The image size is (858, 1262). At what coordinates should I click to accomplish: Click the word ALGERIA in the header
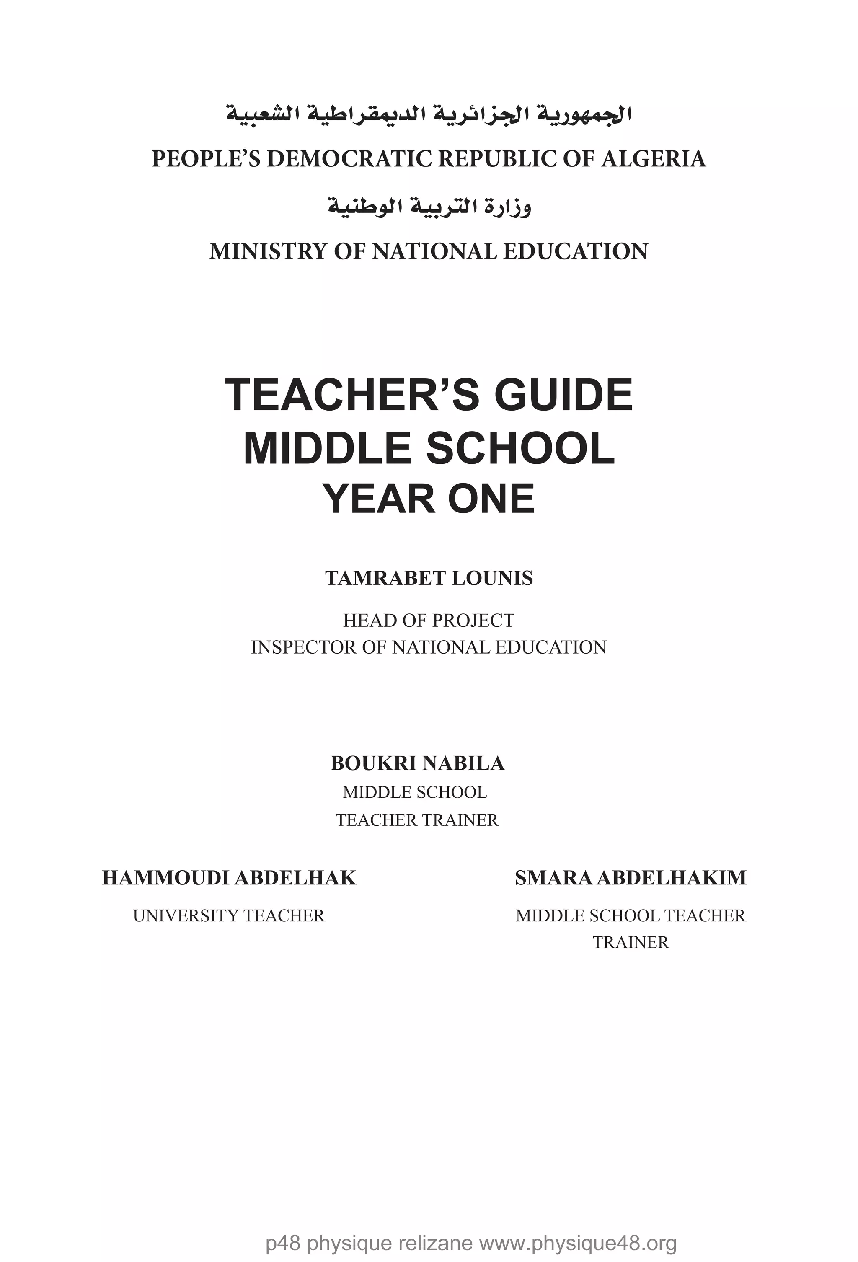coord(653,158)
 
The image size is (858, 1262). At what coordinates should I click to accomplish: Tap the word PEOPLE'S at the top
coord(206,158)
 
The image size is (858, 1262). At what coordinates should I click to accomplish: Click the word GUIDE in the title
coord(563,396)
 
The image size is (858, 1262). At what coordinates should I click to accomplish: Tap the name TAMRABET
coord(385,578)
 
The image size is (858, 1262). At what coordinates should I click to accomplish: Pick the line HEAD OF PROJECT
coord(429,620)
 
